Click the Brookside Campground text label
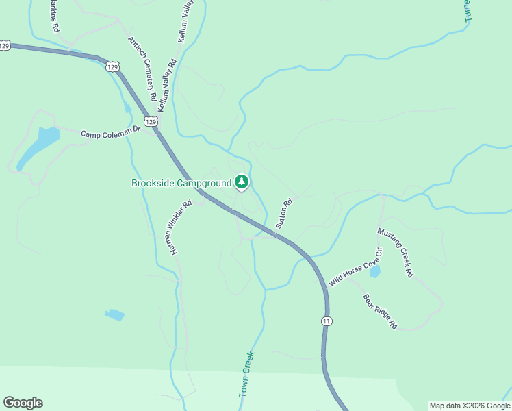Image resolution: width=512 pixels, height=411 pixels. pos(181,183)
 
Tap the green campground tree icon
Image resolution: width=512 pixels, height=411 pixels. pos(241,182)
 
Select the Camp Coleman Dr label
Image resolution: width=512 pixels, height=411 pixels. pos(110,131)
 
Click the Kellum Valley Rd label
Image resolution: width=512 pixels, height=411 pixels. pos(167,85)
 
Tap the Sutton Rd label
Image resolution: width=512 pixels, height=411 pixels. pos(284,213)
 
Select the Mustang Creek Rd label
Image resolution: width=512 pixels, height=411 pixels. pos(396,252)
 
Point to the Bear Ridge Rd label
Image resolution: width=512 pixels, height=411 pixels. pos(380,312)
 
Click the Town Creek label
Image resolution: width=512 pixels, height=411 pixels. pos(246,375)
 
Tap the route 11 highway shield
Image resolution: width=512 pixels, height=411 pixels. pos(327,321)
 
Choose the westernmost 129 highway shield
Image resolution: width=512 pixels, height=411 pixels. pos(5,45)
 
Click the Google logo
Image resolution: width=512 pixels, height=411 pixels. pos(23,403)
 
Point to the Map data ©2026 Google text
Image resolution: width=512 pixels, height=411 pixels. pos(469,406)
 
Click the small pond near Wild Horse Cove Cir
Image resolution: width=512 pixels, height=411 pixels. pos(374,272)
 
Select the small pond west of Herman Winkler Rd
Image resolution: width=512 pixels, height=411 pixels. pos(115,315)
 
